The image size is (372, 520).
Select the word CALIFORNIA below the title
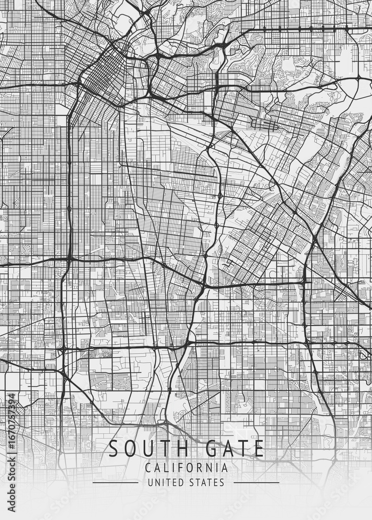(186, 468)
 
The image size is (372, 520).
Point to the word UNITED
(163, 483)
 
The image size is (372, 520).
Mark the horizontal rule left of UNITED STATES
(115, 483)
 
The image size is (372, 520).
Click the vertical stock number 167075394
(11, 436)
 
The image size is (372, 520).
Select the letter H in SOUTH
(177, 448)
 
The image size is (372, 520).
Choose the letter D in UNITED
(180, 483)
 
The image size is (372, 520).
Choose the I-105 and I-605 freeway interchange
(308, 343)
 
